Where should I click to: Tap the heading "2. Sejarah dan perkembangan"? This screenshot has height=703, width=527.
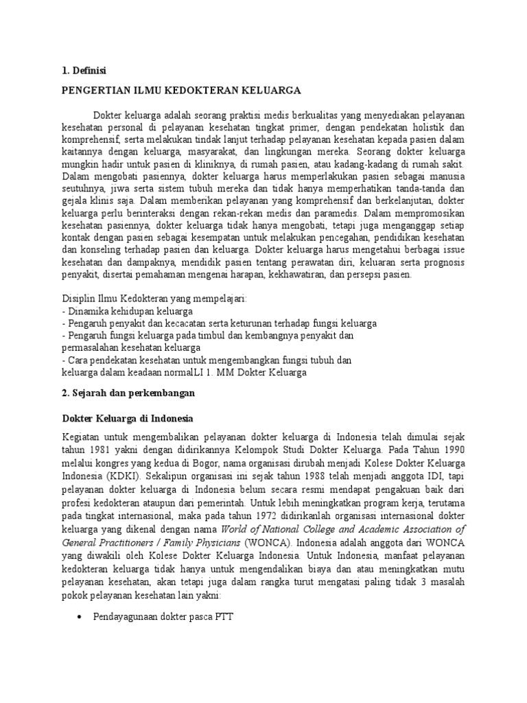point(128,393)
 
